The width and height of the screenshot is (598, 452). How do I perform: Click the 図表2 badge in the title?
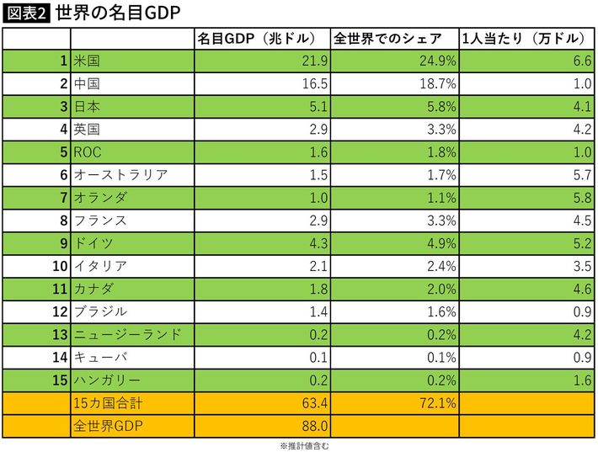pos(26,13)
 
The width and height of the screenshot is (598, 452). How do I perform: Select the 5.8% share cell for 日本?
pos(441,107)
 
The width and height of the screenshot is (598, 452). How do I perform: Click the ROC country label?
pos(88,152)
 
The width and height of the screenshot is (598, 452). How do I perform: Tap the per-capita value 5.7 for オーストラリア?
pos(580,175)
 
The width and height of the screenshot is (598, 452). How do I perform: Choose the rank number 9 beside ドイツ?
pos(63,243)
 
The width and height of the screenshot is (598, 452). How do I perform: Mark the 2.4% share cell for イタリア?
pos(441,266)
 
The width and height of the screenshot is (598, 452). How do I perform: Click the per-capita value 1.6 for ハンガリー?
pos(580,380)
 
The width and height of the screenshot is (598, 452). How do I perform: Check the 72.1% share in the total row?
pos(439,403)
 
